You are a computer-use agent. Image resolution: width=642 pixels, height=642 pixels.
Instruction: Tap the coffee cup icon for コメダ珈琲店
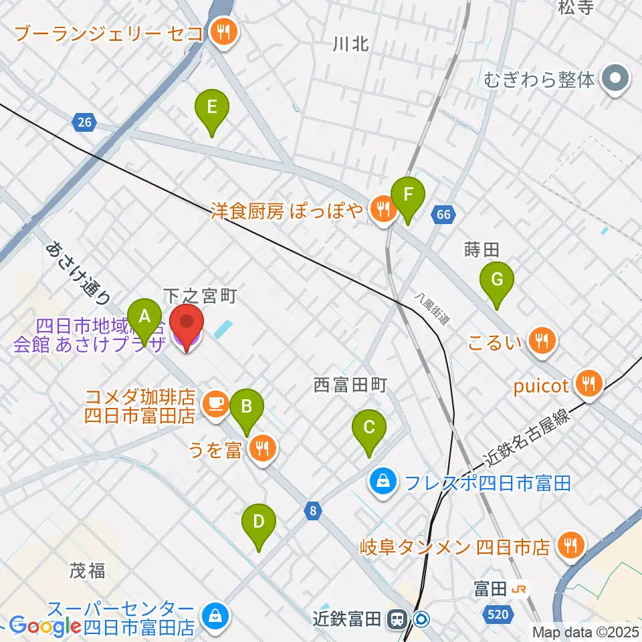click(x=215, y=403)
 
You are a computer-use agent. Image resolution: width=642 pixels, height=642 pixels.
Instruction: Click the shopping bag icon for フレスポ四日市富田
click(x=383, y=481)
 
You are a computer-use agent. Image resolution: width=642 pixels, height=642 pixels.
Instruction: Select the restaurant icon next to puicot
click(x=588, y=385)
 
